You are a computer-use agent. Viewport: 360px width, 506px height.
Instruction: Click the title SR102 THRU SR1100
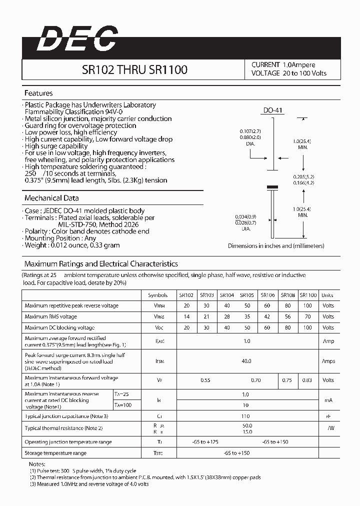point(134,70)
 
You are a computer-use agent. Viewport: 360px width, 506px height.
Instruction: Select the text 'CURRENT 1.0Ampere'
point(283,65)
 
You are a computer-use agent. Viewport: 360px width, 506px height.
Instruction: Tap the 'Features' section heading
point(38,93)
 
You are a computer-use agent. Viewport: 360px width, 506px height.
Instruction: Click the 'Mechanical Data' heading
point(51,198)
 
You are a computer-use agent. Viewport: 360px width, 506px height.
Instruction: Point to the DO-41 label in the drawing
point(273,110)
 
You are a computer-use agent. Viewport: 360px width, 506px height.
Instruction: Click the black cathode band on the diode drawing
point(272,187)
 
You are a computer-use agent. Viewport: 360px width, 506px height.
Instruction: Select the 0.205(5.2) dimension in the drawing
point(303,177)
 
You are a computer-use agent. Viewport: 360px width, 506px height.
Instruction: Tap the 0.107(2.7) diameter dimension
point(250,131)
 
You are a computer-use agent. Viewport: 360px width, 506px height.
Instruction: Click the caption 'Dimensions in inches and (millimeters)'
point(276,246)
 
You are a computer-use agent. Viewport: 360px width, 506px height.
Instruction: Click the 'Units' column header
point(327,295)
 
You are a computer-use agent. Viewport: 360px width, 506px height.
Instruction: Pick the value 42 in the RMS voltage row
point(267,316)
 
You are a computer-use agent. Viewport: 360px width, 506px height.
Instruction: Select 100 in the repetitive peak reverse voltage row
point(307,305)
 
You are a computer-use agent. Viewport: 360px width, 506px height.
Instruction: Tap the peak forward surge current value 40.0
point(246,361)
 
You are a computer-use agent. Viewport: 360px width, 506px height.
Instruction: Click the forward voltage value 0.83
point(307,380)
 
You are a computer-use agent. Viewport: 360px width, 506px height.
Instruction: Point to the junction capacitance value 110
point(245,416)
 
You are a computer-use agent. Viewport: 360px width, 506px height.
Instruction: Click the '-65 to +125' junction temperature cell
point(205,442)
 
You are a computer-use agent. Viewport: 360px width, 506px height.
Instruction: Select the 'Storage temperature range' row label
point(55,453)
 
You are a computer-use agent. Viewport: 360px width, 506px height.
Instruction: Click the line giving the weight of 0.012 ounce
point(72,245)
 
